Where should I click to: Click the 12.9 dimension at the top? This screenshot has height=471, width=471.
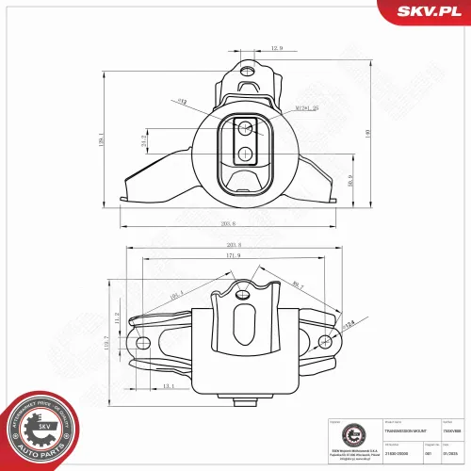pos(251,47)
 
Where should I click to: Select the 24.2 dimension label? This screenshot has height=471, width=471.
pos(144,143)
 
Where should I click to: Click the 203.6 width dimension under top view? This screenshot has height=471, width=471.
pos(228,223)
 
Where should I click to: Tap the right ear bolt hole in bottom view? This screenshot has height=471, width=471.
pos(325,340)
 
